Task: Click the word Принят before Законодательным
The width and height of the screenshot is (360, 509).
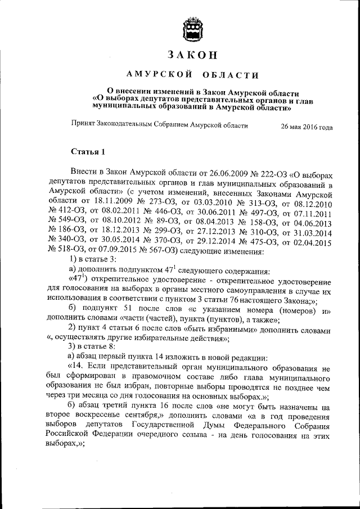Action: pyautogui.click(x=83, y=126)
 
